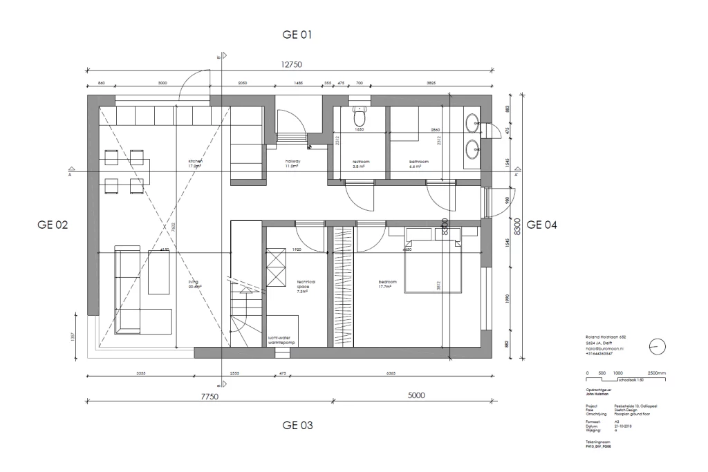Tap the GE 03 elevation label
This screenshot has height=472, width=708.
point(299,426)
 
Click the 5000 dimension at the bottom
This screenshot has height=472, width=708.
point(416,395)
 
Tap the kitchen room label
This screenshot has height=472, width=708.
point(195,164)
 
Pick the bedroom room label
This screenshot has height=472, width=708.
point(387,283)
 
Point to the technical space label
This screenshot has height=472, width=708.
point(306,285)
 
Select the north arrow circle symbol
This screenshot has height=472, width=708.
point(658,347)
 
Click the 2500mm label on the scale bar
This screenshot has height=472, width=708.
point(657,372)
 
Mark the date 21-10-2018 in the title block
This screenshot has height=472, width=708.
point(624,426)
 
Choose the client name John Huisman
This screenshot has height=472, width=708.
point(595,393)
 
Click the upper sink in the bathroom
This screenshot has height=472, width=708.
point(474,124)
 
